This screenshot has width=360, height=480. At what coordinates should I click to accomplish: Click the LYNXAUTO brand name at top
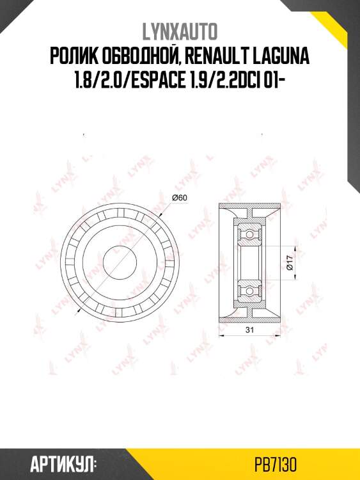point(180,32)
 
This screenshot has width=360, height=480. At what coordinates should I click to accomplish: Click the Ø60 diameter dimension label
point(180,198)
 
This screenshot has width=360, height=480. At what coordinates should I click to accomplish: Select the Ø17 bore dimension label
point(290,262)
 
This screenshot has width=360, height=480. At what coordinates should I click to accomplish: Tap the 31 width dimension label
point(250,330)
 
